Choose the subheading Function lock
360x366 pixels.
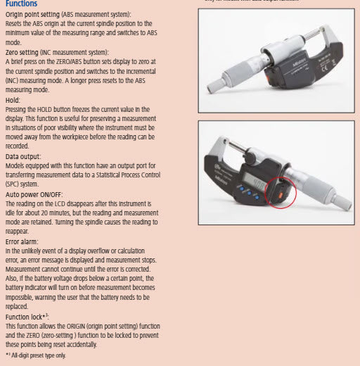click(27, 317)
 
